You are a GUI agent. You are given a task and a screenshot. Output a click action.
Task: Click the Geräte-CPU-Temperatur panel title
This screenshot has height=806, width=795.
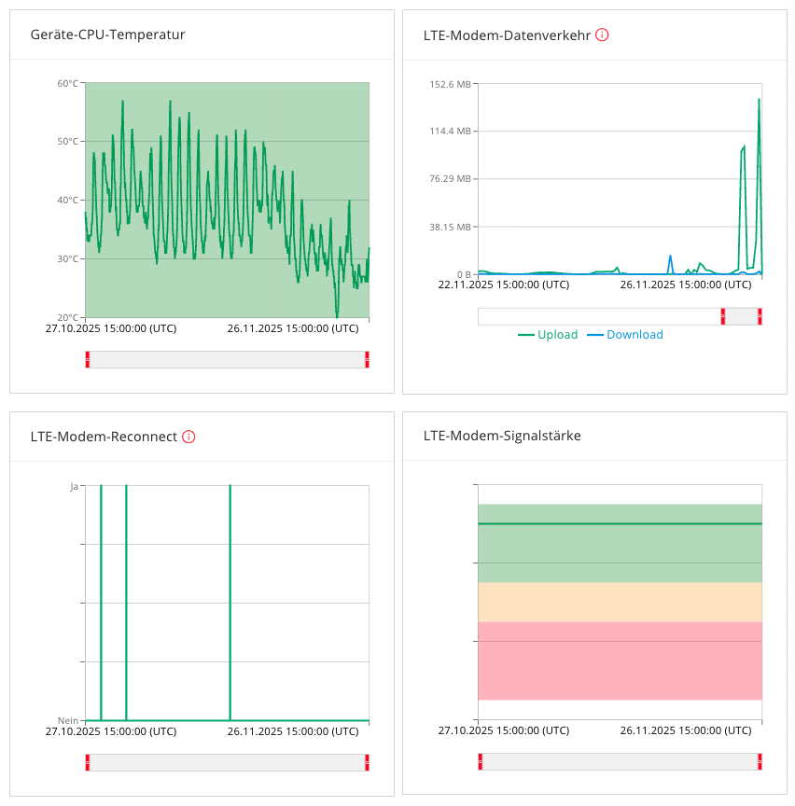[107, 35]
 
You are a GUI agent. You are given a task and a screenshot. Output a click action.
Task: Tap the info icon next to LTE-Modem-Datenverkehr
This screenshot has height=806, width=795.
[602, 35]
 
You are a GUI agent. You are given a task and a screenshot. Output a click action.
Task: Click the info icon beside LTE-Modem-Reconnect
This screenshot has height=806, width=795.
[188, 437]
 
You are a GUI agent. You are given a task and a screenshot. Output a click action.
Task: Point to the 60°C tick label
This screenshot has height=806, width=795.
[68, 83]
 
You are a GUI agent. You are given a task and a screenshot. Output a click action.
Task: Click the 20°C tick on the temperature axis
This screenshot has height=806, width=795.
[68, 317]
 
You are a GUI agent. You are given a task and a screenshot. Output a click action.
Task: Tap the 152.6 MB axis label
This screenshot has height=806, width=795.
[450, 84]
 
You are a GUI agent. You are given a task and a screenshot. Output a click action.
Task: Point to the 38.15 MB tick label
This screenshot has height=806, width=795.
[450, 227]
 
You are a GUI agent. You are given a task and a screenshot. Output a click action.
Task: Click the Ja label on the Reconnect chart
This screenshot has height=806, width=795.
[74, 486]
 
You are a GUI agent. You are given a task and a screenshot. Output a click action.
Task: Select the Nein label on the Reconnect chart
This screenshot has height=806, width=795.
[68, 720]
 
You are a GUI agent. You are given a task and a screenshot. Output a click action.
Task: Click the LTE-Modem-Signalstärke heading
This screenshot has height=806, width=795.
[502, 436]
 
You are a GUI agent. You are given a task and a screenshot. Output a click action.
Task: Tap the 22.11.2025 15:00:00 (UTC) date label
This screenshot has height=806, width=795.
[504, 285]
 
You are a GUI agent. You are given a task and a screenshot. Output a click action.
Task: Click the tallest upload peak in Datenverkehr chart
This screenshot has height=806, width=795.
[759, 100]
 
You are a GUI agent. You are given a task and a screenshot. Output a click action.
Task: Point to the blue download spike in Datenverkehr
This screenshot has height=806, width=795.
[670, 256]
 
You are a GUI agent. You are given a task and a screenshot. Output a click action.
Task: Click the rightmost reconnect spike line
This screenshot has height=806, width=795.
[230, 603]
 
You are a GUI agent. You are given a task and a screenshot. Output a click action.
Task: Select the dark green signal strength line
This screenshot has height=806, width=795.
[620, 523]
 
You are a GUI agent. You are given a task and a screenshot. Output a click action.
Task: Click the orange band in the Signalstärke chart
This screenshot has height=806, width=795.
[620, 602]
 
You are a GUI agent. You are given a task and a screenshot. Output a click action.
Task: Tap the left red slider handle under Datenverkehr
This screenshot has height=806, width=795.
[722, 316]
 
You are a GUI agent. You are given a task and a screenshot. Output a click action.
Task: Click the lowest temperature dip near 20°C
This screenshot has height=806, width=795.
[338, 314]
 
